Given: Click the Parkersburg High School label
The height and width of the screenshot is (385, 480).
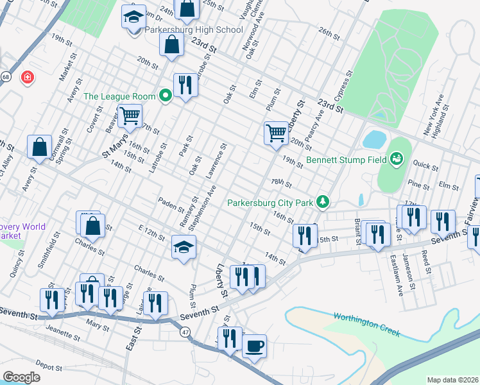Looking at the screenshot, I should pyautogui.click(x=193, y=30).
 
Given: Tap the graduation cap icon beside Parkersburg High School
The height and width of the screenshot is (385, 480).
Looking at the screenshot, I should pyautogui.click(x=133, y=17).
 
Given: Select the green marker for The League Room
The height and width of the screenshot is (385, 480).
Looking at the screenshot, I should pyautogui.click(x=166, y=97).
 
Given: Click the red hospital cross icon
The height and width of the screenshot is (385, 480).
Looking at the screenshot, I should pyautogui.click(x=28, y=78).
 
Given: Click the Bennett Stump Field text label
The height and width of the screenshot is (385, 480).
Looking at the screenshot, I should pyautogui.click(x=347, y=159).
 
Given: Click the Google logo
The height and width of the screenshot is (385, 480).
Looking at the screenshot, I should pyautogui.click(x=21, y=377).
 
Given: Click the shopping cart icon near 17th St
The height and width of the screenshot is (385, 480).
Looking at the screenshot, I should pyautogui.click(x=130, y=116).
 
